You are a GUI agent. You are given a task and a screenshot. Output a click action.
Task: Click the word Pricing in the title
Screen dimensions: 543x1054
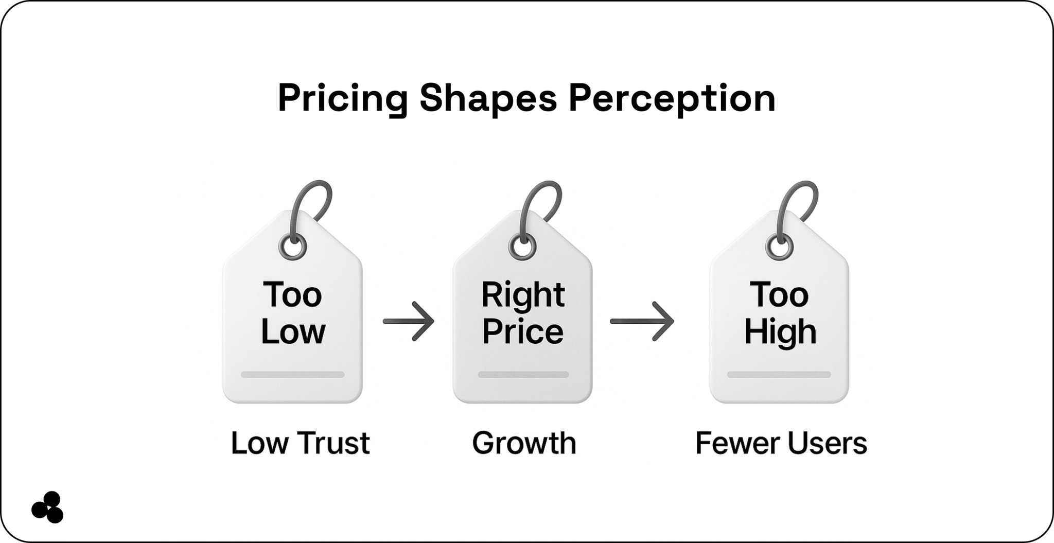pyautogui.click(x=343, y=98)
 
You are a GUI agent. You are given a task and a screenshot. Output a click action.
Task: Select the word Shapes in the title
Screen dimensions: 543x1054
pyautogui.click(x=488, y=98)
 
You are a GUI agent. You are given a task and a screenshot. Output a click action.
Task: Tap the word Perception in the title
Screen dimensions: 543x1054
pyautogui.click(x=672, y=98)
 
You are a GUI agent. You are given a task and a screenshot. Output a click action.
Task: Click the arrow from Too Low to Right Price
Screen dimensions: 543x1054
pyautogui.click(x=409, y=321)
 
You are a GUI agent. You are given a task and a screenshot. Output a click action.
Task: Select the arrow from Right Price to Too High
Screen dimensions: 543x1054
pyautogui.click(x=642, y=321)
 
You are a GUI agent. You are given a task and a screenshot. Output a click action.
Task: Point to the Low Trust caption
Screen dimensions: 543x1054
pyautogui.click(x=300, y=443)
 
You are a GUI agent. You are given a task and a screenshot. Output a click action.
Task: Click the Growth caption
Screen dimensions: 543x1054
pyautogui.click(x=524, y=443)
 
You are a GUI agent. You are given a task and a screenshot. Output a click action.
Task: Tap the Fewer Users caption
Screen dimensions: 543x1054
pyautogui.click(x=781, y=443)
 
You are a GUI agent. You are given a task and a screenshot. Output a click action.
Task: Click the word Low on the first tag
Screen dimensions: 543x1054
pyautogui.click(x=293, y=331)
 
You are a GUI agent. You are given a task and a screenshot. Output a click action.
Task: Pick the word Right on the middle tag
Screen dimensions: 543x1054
pyautogui.click(x=523, y=295)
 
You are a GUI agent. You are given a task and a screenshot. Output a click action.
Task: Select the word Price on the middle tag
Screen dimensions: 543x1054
pyautogui.click(x=523, y=331)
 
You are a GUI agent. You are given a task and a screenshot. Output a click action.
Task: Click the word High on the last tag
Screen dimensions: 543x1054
pyautogui.click(x=780, y=331)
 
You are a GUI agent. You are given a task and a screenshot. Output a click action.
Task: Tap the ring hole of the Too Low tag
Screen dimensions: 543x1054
pyautogui.click(x=292, y=248)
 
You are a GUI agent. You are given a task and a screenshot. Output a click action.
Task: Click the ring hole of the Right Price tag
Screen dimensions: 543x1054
pyautogui.click(x=522, y=248)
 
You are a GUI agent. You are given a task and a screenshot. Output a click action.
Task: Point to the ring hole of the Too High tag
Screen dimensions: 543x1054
pyautogui.click(x=779, y=248)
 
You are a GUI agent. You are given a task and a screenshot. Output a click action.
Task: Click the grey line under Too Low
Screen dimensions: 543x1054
pyautogui.click(x=292, y=375)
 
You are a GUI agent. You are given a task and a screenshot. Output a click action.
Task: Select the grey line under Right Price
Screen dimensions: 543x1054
pyautogui.click(x=523, y=375)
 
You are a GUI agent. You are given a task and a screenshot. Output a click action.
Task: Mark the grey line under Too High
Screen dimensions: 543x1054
pyautogui.click(x=779, y=375)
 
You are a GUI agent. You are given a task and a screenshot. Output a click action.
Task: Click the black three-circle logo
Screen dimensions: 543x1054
pyautogui.click(x=47, y=507)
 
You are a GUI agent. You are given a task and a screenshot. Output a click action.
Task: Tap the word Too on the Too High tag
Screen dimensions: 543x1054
pyautogui.click(x=779, y=295)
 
